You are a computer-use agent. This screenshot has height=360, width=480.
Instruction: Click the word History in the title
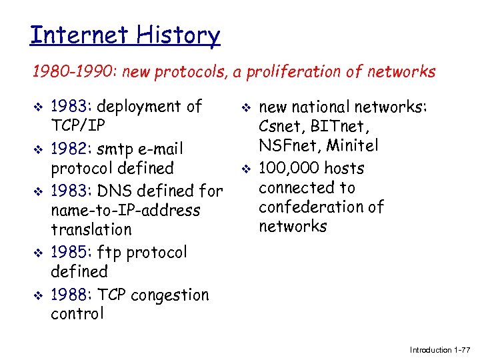pos(179,35)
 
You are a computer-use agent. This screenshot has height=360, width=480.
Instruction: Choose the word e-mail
pos(160,148)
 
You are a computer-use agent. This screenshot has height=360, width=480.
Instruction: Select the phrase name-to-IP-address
pos(125,211)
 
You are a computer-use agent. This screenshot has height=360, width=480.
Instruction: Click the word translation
pos(91,230)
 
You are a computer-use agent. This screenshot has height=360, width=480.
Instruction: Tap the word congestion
pos(170,295)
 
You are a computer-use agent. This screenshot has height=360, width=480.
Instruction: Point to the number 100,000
pos(288,169)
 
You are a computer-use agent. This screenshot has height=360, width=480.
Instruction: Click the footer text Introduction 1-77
pos(440,350)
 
